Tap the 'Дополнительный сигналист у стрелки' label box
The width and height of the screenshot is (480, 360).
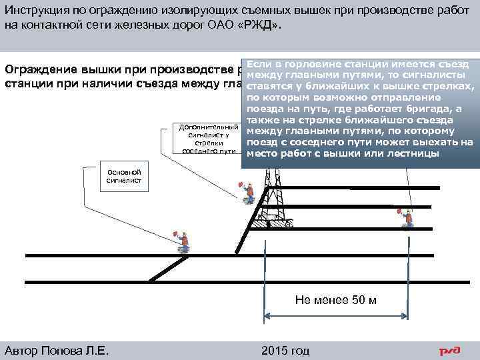tap(205, 138)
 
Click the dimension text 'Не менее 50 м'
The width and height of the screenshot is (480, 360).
tap(335, 299)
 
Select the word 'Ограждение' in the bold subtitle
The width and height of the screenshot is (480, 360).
tap(41, 70)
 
